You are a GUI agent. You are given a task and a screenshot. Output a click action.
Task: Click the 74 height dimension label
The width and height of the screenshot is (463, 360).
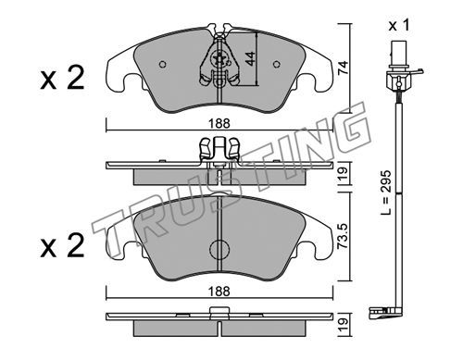343,68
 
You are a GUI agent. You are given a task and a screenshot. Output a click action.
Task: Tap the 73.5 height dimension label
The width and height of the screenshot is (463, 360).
343,236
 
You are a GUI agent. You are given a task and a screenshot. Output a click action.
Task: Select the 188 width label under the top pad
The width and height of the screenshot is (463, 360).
219,123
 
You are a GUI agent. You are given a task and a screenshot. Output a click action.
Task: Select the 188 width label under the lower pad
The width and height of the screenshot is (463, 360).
219,291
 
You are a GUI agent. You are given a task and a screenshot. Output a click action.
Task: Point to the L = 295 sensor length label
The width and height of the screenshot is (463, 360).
386,192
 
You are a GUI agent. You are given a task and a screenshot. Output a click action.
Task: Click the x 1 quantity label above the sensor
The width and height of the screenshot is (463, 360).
399,25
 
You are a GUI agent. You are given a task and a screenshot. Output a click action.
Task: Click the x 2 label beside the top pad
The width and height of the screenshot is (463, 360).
62,79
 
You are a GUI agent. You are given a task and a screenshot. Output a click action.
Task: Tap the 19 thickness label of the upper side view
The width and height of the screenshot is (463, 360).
343,174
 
